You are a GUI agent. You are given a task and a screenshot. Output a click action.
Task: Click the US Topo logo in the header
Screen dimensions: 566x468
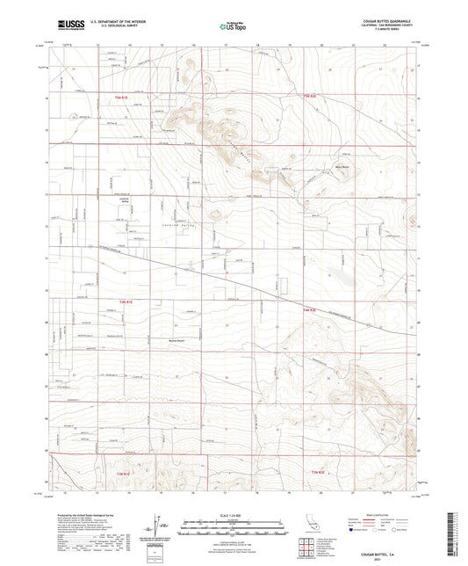pos(234,26)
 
